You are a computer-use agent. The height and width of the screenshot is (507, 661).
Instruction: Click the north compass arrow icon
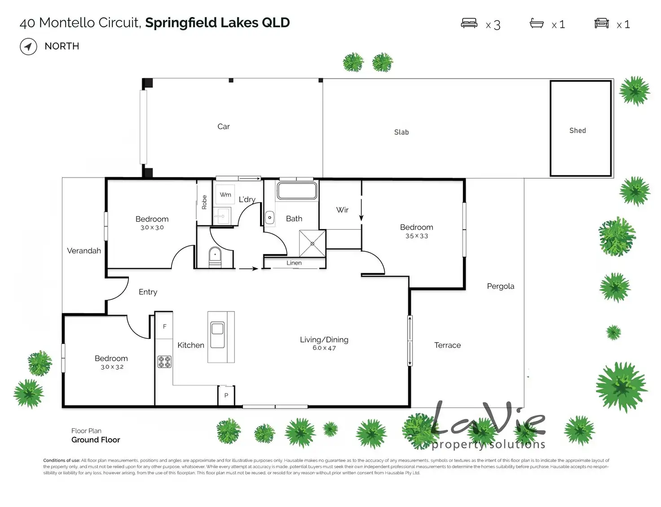coord(28,46)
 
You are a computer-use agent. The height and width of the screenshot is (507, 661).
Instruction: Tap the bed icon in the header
coord(469,23)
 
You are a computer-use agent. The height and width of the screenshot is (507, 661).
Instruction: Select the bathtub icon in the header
coord(537,23)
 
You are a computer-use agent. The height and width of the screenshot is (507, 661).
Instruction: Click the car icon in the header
coord(601,23)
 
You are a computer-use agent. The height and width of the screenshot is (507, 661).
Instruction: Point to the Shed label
coord(577,131)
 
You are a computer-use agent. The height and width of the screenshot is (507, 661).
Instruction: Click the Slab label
coord(401,132)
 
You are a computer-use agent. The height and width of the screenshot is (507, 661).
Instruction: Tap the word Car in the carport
coord(224,127)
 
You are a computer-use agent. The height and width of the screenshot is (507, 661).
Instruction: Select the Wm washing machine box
coord(225,195)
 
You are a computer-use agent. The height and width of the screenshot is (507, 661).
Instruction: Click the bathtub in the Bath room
coord(297,191)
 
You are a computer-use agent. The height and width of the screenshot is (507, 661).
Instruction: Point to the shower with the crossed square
coord(313,244)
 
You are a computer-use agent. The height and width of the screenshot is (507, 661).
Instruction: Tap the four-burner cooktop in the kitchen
coord(164,362)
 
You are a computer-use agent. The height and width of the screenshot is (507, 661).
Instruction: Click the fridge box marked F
coord(164,327)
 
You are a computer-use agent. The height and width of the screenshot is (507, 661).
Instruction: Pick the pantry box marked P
coord(226,396)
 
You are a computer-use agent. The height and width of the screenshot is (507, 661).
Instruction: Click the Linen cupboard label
coord(294,263)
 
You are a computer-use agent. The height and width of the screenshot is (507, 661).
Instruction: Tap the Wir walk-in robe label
coord(342,210)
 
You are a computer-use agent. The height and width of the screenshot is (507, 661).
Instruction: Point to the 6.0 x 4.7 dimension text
coord(324,348)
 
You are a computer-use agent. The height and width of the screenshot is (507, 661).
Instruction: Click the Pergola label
coord(501,286)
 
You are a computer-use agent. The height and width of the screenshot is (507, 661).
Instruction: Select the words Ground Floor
coord(96,440)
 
